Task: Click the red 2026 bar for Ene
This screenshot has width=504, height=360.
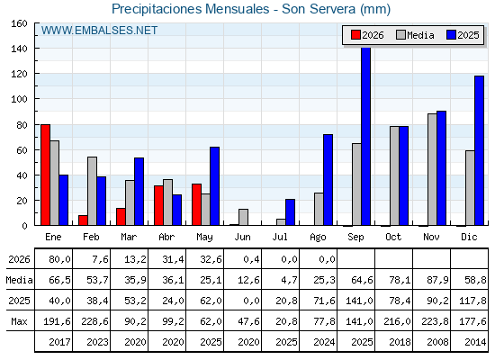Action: [x=45, y=175]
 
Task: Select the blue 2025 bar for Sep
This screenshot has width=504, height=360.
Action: [x=365, y=136]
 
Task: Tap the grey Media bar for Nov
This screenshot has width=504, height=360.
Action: [x=432, y=169]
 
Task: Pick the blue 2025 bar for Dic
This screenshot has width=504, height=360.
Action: [x=479, y=150]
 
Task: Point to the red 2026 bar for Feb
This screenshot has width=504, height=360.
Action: [x=83, y=220]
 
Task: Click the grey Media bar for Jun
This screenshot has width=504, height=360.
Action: [x=243, y=217]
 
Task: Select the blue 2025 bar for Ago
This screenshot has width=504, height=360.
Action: [x=328, y=180]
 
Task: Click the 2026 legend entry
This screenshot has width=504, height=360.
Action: [x=367, y=35]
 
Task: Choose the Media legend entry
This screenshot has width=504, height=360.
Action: [x=415, y=35]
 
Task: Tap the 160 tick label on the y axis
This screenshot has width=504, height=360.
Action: [x=19, y=23]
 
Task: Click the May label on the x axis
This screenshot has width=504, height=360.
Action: [x=204, y=238]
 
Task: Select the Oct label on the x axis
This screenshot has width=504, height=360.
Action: [x=393, y=237]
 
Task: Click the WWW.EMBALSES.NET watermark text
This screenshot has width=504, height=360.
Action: [x=99, y=31]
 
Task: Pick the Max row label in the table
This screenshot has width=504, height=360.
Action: [x=19, y=321]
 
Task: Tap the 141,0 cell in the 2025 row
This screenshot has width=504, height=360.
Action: [x=359, y=301]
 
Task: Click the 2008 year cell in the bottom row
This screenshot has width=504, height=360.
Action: [x=437, y=342]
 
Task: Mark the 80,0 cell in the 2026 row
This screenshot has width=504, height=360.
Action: [x=59, y=259]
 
